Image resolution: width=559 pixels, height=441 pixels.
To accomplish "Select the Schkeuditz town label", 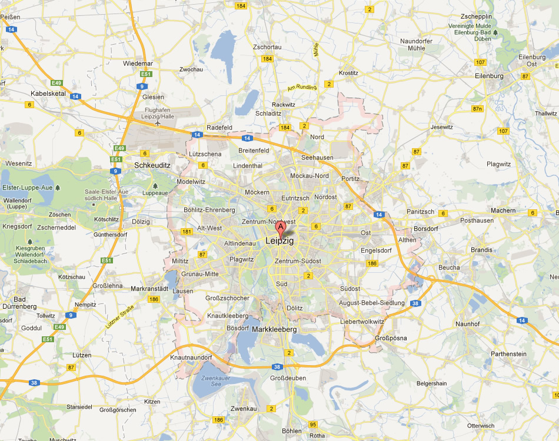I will click(x=152, y=165).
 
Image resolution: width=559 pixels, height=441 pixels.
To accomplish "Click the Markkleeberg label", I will click(x=274, y=330).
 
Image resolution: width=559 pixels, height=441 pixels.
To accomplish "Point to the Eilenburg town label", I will click(x=489, y=76).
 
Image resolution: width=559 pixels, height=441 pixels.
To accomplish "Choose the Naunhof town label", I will click(x=468, y=324).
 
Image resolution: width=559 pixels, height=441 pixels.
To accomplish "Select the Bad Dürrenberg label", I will click(x=24, y=303).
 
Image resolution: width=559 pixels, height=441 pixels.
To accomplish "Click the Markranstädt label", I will click(x=149, y=289).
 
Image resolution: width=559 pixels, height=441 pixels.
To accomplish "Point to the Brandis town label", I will click(x=481, y=250).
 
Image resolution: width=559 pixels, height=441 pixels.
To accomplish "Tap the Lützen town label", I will click(x=82, y=355).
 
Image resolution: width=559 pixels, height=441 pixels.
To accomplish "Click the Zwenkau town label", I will click(x=244, y=408).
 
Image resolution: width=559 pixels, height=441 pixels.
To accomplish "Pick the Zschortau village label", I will click(x=267, y=47).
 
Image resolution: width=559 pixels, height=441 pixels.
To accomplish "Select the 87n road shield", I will click(x=477, y=109).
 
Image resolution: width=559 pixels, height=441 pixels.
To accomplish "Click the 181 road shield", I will click(x=187, y=232).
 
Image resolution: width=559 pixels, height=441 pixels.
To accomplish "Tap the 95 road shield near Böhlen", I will click(x=312, y=424).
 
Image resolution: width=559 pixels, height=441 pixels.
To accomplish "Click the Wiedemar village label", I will click(x=138, y=64).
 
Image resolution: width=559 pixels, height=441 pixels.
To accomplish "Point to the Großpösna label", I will click(x=391, y=338).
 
